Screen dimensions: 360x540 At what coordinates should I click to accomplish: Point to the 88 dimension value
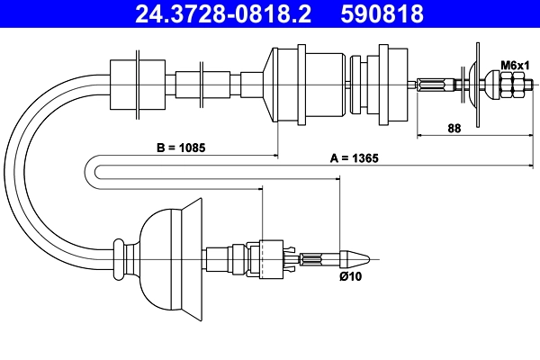pos(454,128)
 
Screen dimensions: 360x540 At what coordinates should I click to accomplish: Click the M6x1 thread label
pos(513,64)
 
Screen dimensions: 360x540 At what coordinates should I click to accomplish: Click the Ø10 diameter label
pos(350,276)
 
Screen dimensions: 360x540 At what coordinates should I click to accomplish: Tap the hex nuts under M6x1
pos(512,85)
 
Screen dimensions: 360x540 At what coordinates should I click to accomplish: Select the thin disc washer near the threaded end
pos(474,85)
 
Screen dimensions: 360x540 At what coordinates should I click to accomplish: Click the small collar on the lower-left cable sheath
pos(119,259)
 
